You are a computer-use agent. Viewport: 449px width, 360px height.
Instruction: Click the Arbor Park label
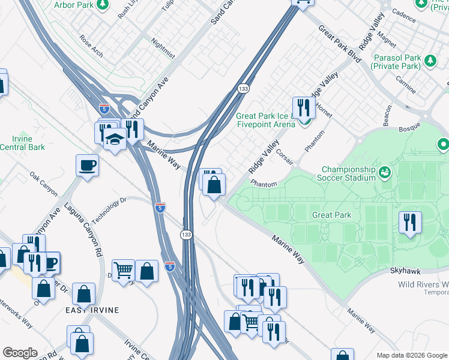[x=73, y=5]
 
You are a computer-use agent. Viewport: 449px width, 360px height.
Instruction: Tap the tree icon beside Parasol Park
[x=430, y=60]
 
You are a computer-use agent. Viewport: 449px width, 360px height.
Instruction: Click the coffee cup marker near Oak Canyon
[x=88, y=165]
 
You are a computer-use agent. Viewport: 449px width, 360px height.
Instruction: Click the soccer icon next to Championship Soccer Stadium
[x=384, y=173]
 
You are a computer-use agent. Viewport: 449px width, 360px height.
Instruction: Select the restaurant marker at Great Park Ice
[x=304, y=107]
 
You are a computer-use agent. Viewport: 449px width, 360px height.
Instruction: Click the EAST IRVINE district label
[x=92, y=310]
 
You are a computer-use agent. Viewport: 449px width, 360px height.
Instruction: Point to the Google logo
[x=20, y=353]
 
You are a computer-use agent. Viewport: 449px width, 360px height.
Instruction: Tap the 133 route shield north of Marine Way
[x=243, y=89]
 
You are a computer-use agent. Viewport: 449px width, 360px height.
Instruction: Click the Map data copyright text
[x=411, y=355]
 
